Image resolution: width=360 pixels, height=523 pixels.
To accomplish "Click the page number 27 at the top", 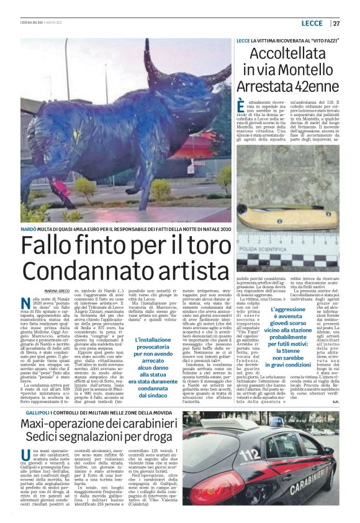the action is click(x=336, y=24).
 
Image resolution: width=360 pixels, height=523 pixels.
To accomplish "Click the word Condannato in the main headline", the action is click(x=83, y=271).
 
